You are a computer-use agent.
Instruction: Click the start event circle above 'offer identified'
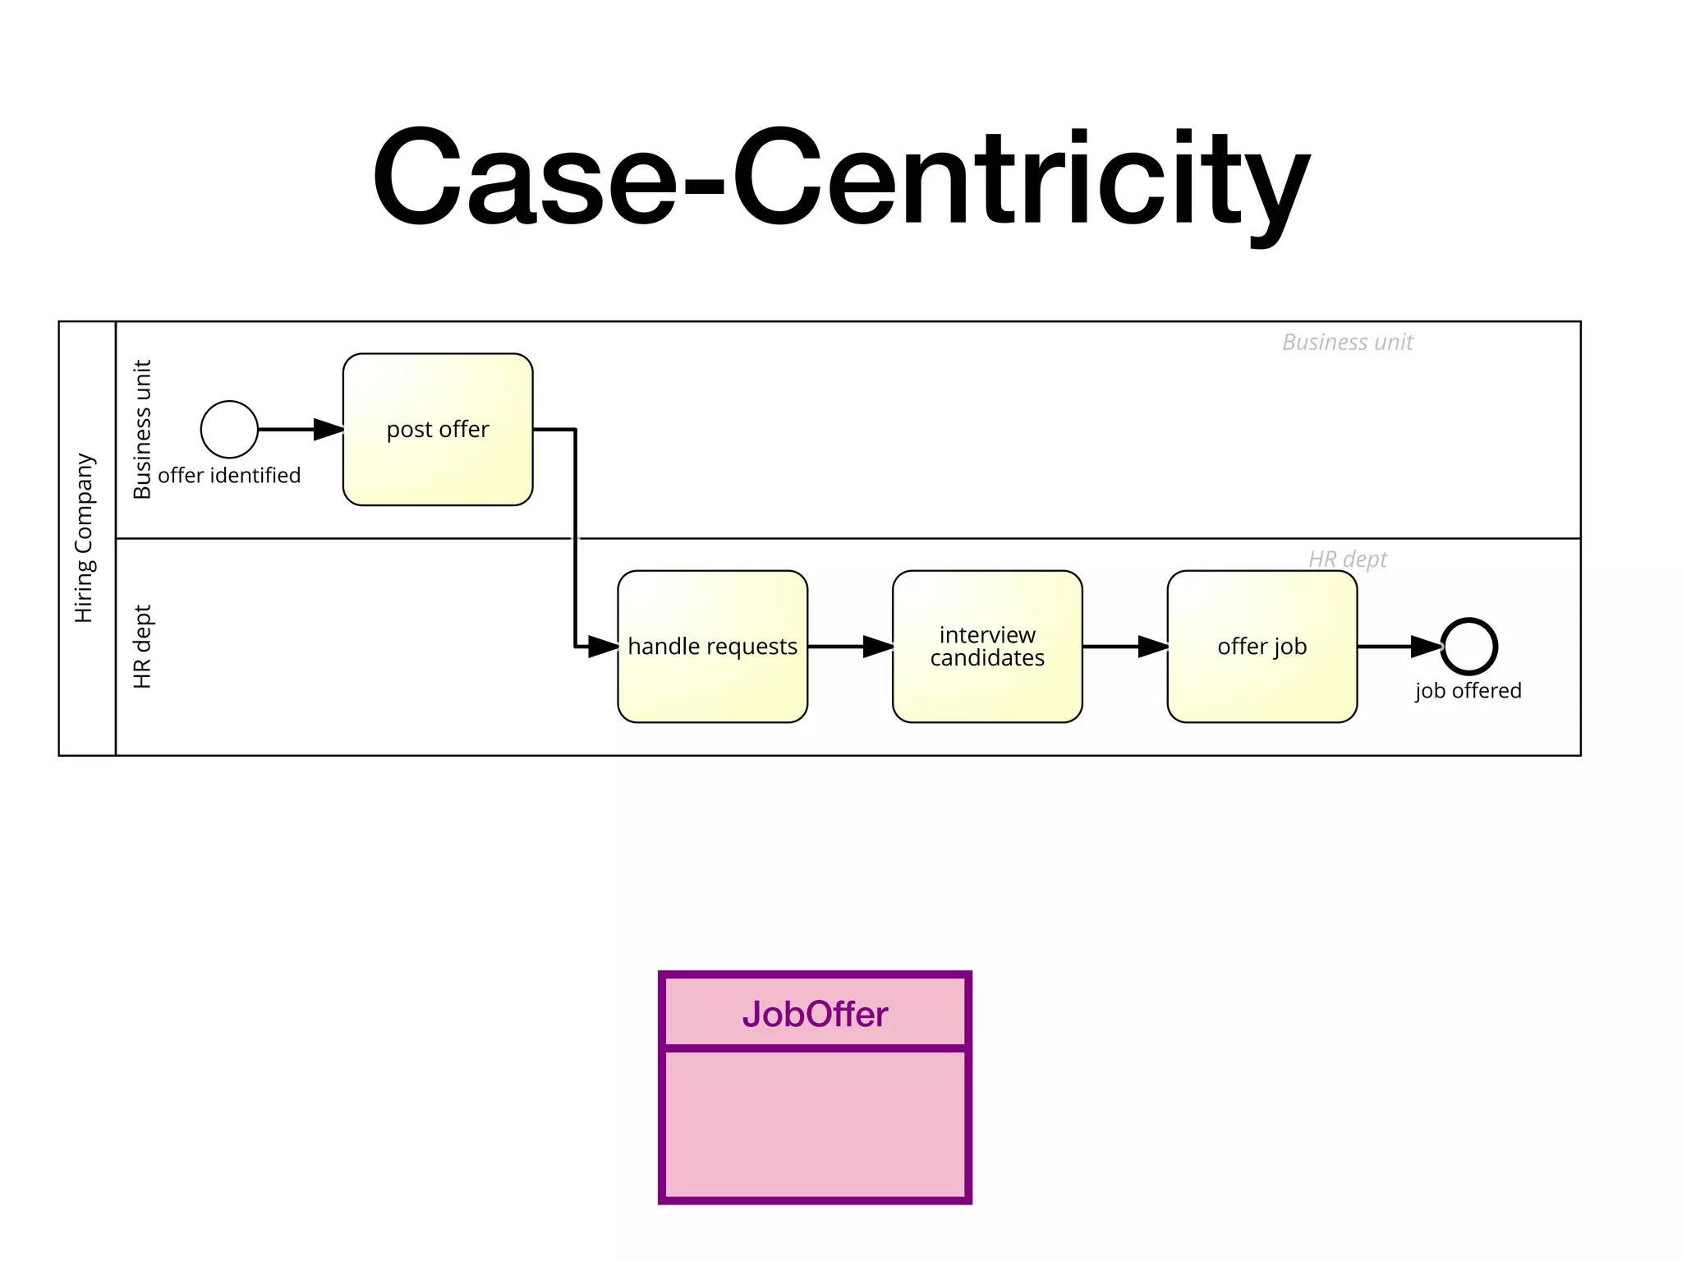tap(229, 429)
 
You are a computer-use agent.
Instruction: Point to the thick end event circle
tap(1469, 647)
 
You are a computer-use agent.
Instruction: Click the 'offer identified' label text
tap(229, 476)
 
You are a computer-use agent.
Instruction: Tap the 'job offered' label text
tap(1468, 691)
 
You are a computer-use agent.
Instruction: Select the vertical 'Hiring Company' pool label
tap(85, 538)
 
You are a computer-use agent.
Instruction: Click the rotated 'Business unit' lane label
tap(142, 429)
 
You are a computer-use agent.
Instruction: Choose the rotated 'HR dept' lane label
tap(142, 647)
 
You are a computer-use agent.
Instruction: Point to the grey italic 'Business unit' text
tap(1347, 343)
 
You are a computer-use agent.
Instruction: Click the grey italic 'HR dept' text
tap(1347, 560)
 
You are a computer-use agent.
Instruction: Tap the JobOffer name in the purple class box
tap(815, 1015)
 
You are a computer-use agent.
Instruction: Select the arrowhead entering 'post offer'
tap(329, 429)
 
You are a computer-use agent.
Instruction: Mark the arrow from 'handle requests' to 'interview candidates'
tap(850, 647)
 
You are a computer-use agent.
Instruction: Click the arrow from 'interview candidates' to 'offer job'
tap(1125, 647)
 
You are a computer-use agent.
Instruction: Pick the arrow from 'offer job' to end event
tap(1399, 647)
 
